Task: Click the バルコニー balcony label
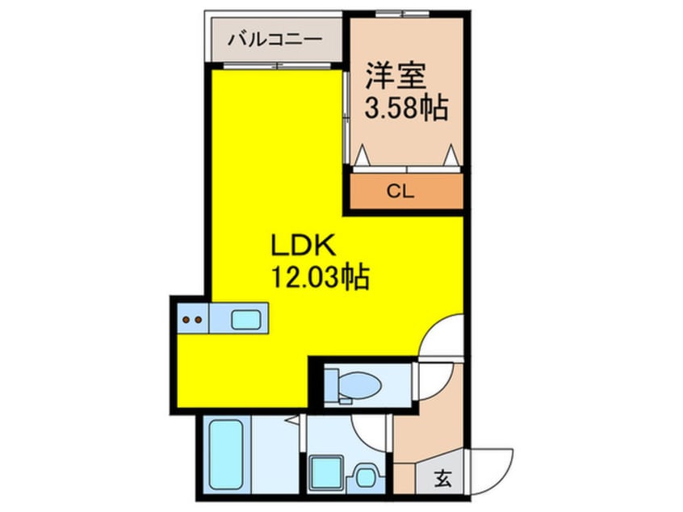[x=275, y=40]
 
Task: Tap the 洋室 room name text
[x=395, y=76]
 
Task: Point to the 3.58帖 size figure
[x=406, y=107]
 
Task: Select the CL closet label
[x=400, y=191]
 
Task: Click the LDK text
[x=304, y=246]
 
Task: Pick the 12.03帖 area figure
[x=321, y=276]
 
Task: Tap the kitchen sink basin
[x=246, y=320]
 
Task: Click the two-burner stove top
[x=193, y=319]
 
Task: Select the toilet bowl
[x=360, y=386]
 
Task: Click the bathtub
[x=226, y=454]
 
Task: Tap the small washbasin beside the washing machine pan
[x=366, y=477]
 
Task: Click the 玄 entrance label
[x=443, y=480]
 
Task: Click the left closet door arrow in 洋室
[x=362, y=155]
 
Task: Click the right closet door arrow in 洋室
[x=450, y=155]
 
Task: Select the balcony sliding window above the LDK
[x=278, y=66]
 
